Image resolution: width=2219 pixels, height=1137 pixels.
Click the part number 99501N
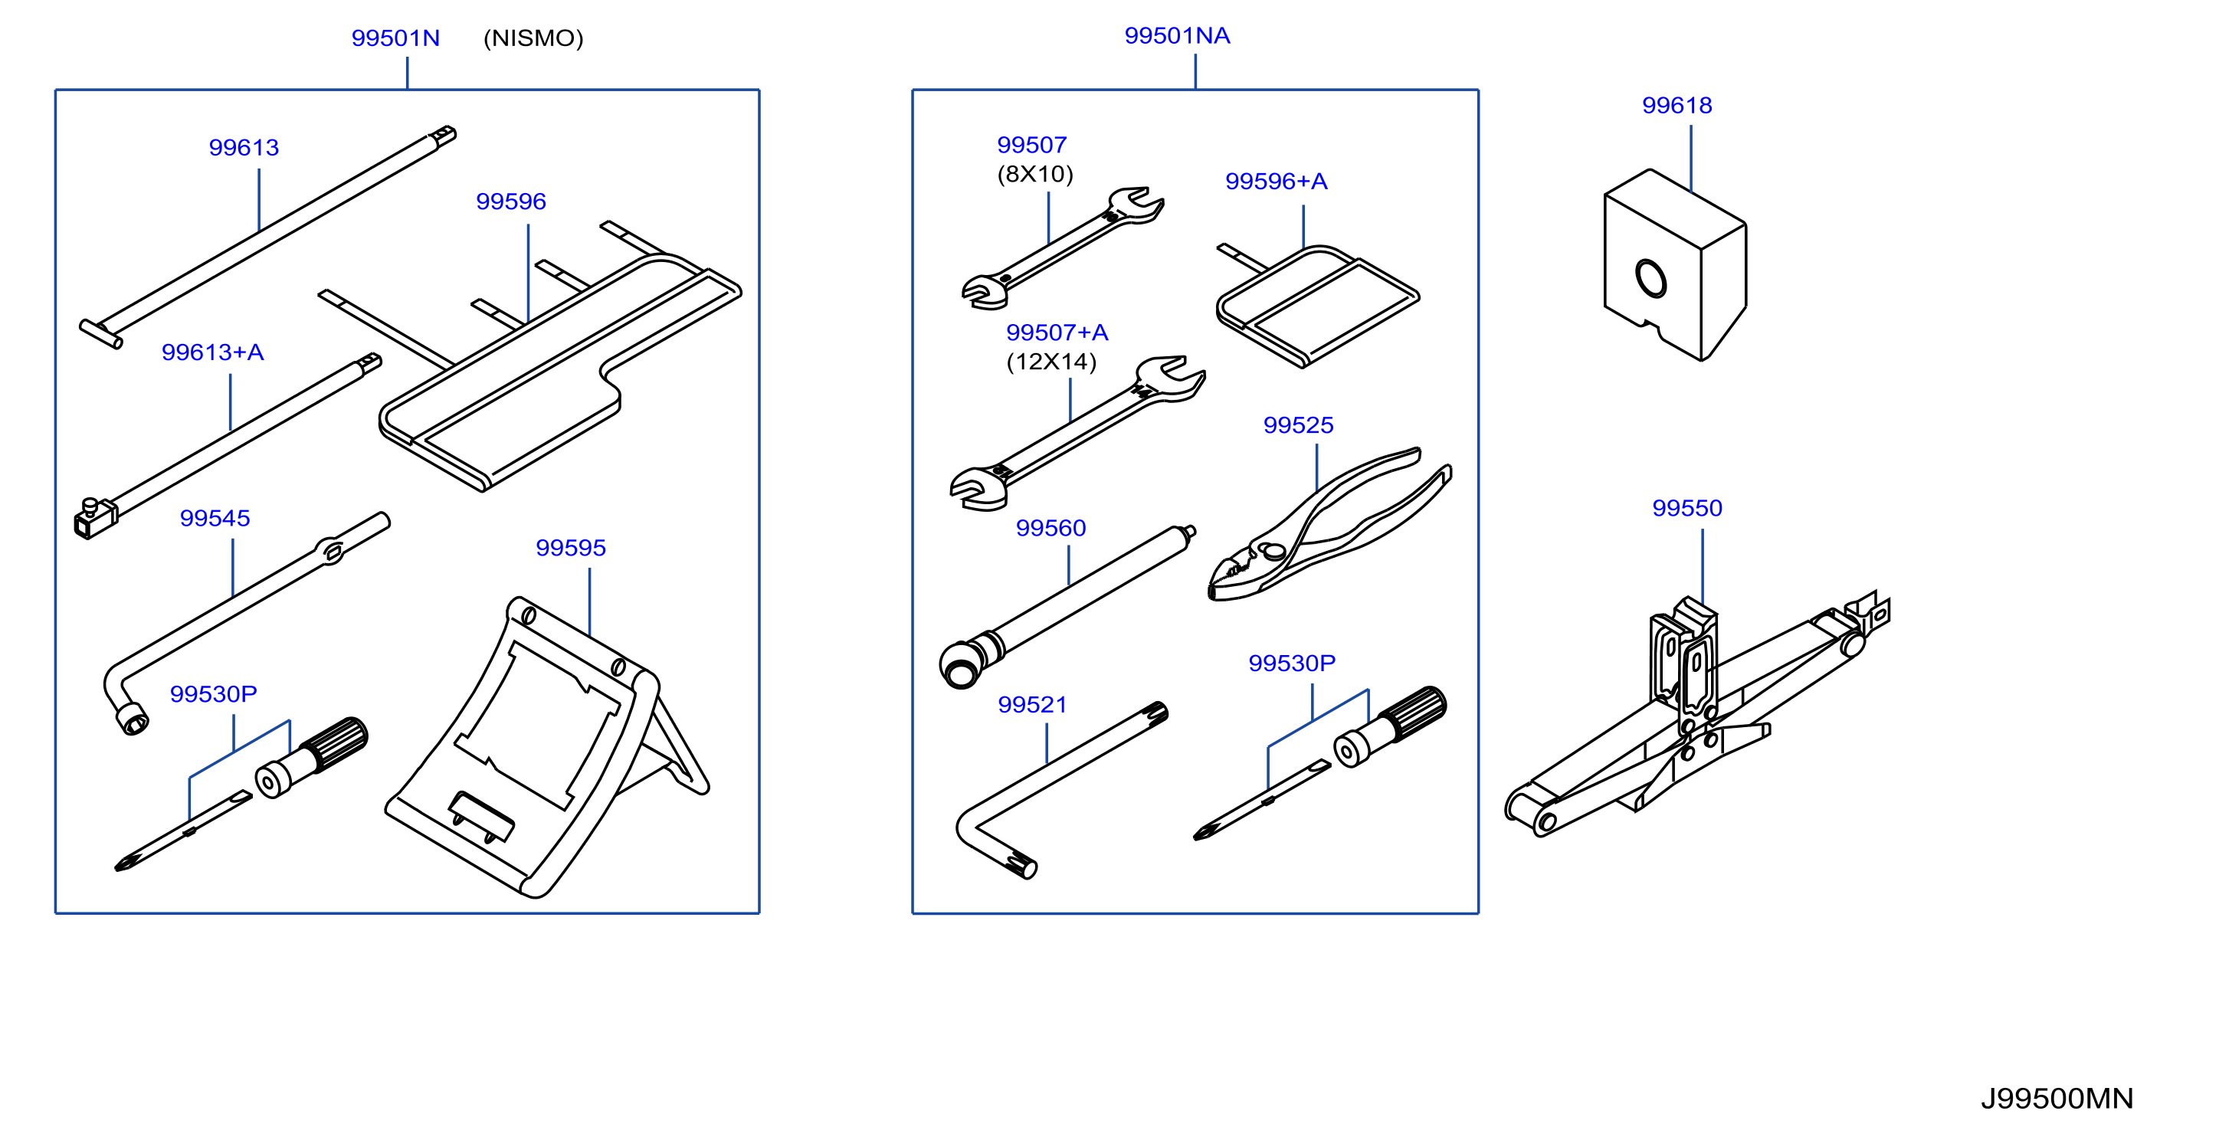tap(395, 38)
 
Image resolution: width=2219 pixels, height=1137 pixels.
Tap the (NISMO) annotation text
tap(533, 38)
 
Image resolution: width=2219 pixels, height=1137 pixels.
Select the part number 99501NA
tap(1177, 35)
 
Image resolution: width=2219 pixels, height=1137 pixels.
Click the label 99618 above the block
tap(1677, 105)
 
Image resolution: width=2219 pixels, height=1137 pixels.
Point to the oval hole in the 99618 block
tap(1650, 278)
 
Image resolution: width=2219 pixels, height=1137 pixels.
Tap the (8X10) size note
tap(1034, 174)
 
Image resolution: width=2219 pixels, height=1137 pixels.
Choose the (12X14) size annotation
tap(1051, 361)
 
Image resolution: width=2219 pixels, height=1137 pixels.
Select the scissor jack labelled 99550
tap(1697, 715)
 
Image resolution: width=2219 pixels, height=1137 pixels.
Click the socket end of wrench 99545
tap(132, 719)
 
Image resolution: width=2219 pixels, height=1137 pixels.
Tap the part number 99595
tap(570, 548)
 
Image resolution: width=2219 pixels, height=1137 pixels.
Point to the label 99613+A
tap(212, 352)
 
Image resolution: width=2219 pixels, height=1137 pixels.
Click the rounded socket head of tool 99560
tap(961, 666)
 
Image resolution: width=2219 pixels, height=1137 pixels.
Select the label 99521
tap(1032, 705)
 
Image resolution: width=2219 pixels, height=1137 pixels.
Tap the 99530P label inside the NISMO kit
tap(213, 694)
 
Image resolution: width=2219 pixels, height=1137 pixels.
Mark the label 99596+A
tap(1276, 181)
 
